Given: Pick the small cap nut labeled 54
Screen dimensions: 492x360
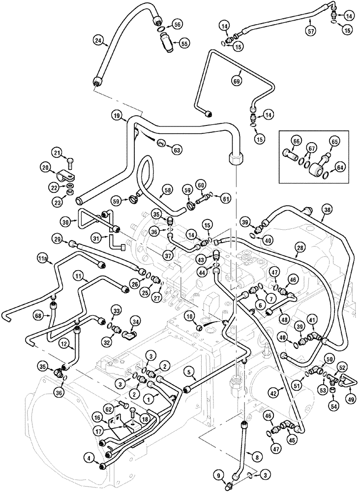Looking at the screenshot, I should (x=332, y=390).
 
